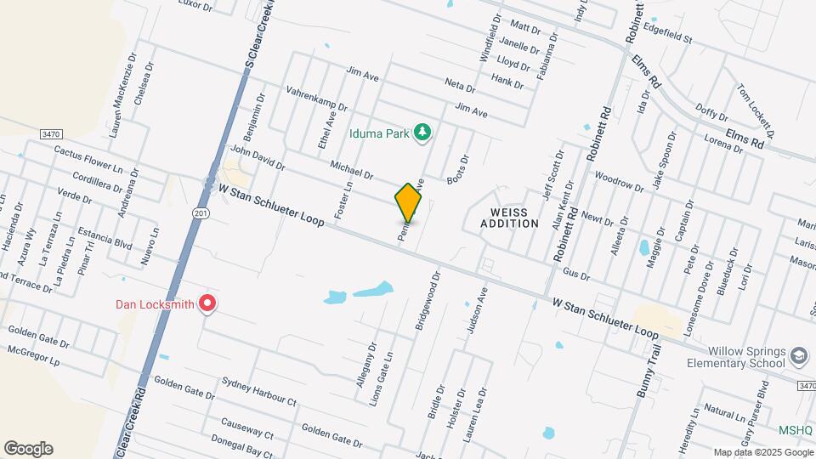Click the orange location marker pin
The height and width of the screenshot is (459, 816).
click(x=408, y=202)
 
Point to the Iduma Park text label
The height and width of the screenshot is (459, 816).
click(x=379, y=133)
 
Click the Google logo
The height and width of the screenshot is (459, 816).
click(x=28, y=449)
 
